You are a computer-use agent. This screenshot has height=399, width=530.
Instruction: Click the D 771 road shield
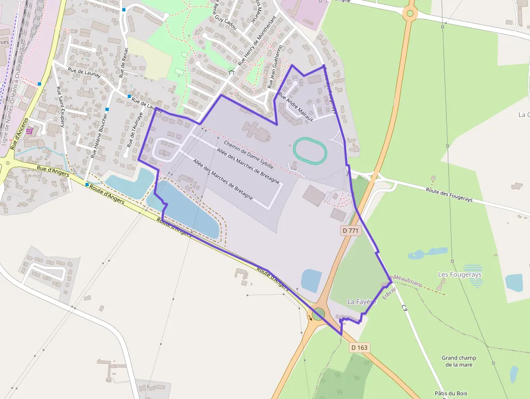350,231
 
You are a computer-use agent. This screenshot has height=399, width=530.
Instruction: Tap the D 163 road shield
359,347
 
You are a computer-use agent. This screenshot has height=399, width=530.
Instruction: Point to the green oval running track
310,151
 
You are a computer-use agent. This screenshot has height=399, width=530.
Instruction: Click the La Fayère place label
361,302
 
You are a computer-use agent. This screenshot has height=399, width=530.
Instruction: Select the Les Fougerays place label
459,274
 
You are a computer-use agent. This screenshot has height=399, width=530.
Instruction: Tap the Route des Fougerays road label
449,194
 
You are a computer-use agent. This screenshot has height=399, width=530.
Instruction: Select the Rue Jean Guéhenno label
275,67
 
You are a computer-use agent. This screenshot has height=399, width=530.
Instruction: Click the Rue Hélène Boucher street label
100,135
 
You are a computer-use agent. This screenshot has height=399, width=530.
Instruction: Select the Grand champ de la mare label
459,361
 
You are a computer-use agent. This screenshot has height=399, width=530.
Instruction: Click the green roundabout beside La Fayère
319,313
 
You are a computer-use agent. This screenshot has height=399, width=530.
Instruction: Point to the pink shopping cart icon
30,130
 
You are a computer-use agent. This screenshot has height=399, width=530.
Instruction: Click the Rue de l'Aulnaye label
136,130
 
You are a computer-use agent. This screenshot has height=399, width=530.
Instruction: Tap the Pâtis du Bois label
451,394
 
